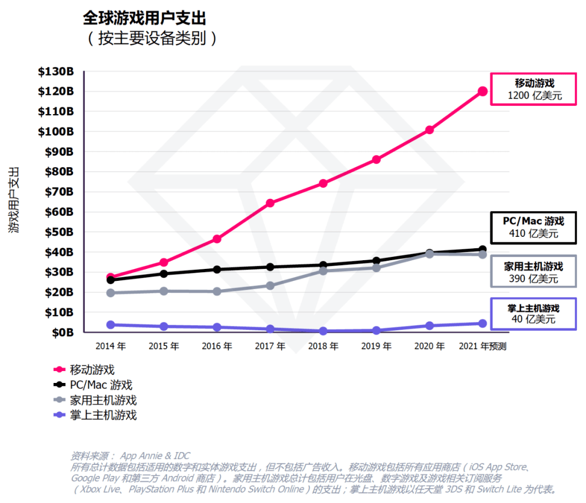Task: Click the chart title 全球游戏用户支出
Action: coord(144,18)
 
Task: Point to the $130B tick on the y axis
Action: coord(55,71)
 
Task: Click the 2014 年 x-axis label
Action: coord(111,346)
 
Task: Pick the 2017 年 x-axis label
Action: coord(270,346)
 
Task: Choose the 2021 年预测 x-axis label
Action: coord(482,346)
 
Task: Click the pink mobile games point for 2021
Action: coord(482,91)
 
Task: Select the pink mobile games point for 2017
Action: coord(270,203)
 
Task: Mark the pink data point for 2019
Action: coord(376,160)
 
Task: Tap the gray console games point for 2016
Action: coord(217,292)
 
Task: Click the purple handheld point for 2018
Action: coord(323,331)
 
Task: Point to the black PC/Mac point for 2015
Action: coord(164,274)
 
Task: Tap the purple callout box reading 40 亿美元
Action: coord(533,313)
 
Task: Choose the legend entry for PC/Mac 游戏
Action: coord(101,385)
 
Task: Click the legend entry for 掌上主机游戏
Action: coord(103,416)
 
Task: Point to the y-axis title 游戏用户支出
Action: coord(15,200)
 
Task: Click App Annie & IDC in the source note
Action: coord(155,456)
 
